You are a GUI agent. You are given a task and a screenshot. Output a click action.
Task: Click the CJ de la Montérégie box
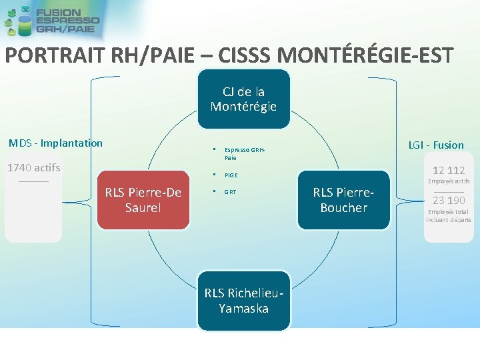coord(243,99)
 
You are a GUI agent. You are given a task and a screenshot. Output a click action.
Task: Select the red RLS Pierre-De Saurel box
coord(143,200)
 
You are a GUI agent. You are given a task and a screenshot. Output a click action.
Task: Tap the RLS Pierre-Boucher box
coord(343,200)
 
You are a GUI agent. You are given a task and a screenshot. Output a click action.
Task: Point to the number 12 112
coord(449,171)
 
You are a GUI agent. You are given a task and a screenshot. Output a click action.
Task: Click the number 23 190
coord(449,200)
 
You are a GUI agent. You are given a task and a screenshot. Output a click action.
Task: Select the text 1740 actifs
coord(33,167)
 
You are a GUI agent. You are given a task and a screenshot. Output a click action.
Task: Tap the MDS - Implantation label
coord(55,143)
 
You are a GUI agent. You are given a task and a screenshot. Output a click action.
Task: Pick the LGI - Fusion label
coord(436,145)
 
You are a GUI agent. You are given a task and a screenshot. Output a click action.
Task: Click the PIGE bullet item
coord(231,175)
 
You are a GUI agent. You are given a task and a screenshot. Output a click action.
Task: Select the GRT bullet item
coord(230,192)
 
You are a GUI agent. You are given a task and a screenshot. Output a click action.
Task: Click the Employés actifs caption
coord(449,181)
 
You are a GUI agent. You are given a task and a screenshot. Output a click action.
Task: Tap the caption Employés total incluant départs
coord(449,215)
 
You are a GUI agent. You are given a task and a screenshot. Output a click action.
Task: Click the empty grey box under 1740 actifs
coord(33,213)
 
